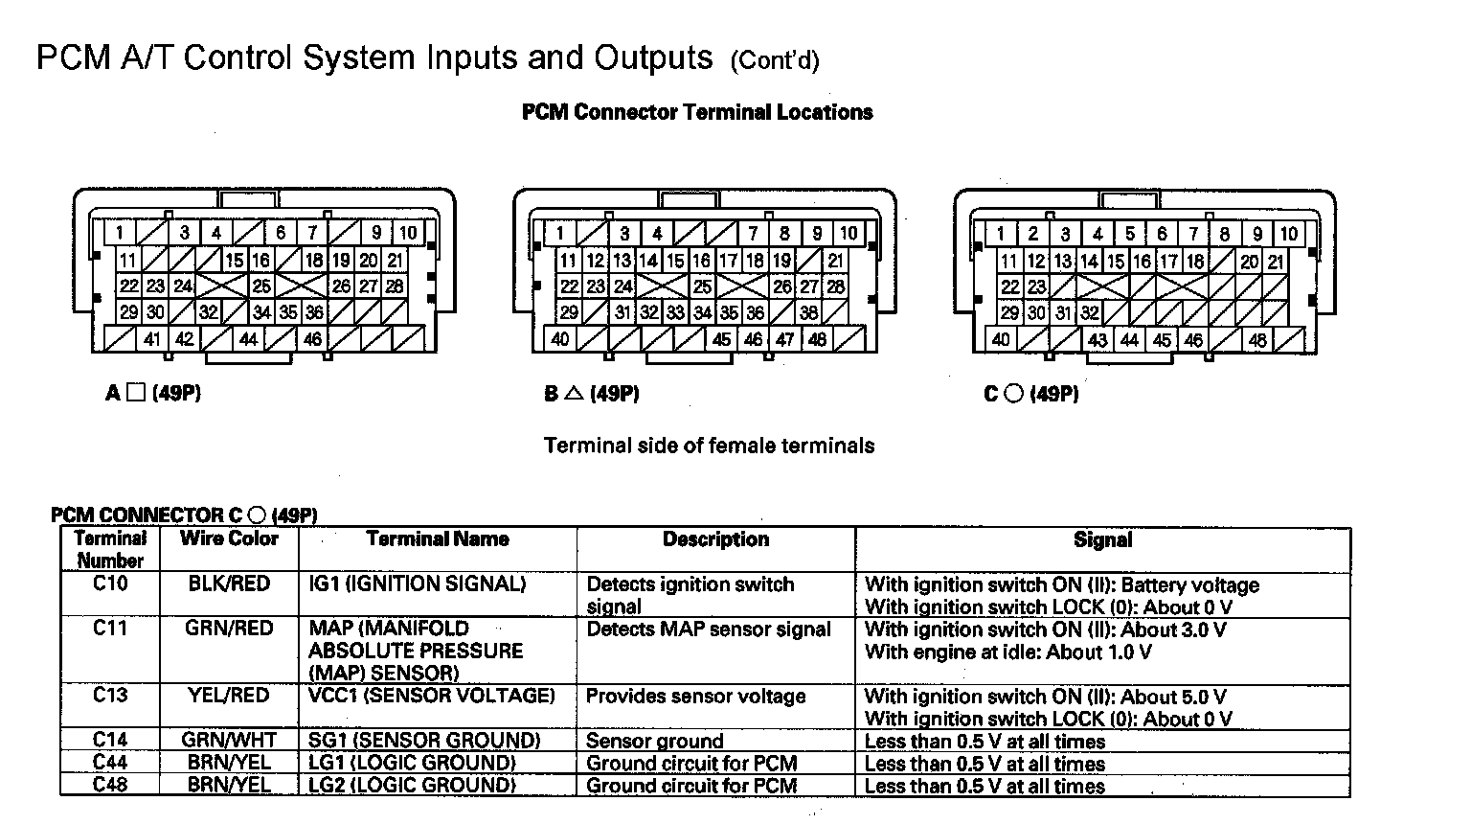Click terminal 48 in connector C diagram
tap(1257, 339)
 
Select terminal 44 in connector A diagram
tap(248, 339)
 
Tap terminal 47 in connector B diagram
tap(785, 339)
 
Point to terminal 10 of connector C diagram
tap(1289, 233)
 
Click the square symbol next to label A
tap(136, 393)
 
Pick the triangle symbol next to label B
tap(574, 393)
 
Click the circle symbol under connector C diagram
tap(1013, 394)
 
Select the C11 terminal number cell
tap(110, 629)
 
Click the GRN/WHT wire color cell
tap(229, 740)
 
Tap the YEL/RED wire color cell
tap(229, 696)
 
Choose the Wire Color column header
tap(229, 538)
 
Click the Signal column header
tap(1102, 540)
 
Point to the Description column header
tap(715, 539)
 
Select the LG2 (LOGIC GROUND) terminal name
tap(412, 786)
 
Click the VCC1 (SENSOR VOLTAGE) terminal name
tap(432, 696)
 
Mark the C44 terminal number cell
tap(110, 763)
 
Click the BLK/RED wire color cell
tap(229, 584)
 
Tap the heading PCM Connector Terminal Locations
tap(697, 112)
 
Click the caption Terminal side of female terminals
tap(709, 446)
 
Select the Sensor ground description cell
tap(655, 741)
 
